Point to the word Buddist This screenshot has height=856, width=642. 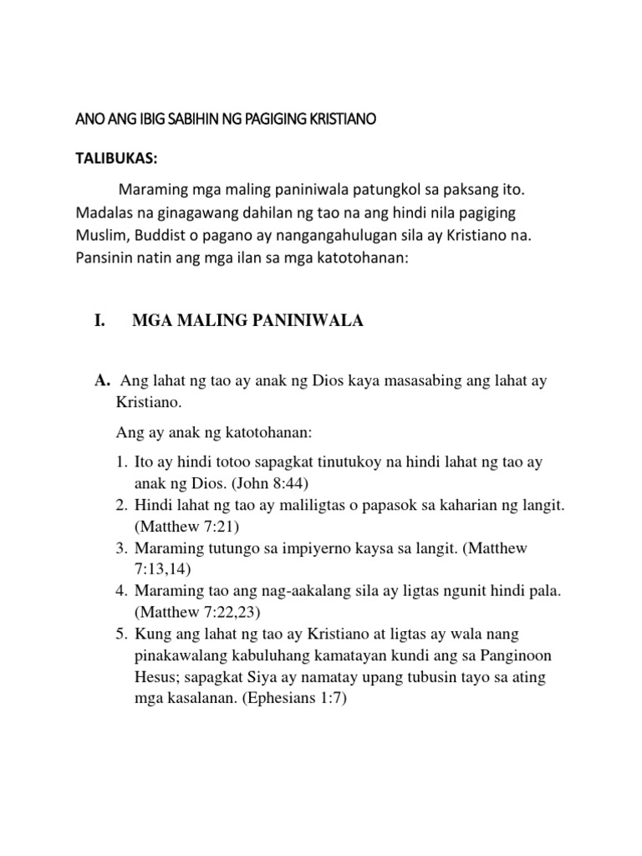coord(166,236)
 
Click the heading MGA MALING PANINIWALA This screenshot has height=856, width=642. coord(247,322)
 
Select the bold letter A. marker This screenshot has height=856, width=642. coord(104,381)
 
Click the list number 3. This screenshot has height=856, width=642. coord(121,548)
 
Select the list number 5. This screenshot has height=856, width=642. coord(121,634)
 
